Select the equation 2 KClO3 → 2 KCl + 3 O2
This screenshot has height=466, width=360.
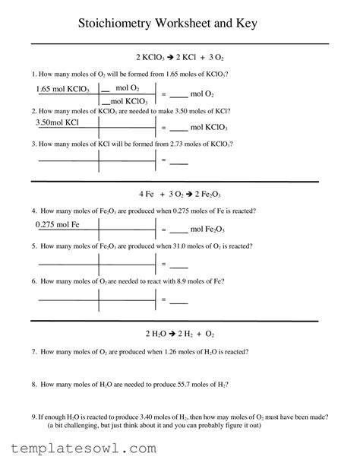coord(179,57)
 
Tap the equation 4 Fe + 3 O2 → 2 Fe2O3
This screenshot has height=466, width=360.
coord(179,194)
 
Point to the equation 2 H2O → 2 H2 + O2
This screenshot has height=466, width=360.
coord(179,334)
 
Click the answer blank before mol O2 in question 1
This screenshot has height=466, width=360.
coord(178,95)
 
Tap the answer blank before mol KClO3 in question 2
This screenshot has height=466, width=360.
coord(178,128)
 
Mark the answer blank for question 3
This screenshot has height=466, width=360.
coord(178,161)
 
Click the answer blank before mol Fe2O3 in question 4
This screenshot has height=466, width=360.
coord(178,230)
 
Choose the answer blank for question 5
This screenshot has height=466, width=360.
coord(178,265)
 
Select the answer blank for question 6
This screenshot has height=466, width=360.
coord(178,300)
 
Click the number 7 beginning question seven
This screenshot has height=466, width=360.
coord(33,352)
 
